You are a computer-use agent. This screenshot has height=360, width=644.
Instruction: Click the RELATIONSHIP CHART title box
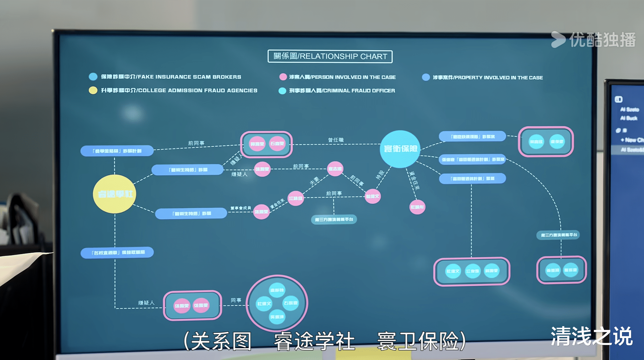tap(330, 56)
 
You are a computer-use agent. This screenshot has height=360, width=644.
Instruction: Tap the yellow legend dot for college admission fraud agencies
tap(93, 90)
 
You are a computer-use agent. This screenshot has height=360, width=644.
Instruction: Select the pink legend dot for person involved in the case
tap(283, 77)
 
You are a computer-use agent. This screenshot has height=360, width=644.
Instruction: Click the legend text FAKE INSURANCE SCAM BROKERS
tap(171, 77)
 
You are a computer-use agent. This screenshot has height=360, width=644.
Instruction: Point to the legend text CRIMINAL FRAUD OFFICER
tap(342, 91)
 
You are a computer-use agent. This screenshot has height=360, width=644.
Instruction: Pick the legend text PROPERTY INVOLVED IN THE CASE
tap(488, 77)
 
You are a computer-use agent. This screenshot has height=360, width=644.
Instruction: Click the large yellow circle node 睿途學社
tap(115, 194)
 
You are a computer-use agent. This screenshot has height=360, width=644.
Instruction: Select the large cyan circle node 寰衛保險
tap(400, 149)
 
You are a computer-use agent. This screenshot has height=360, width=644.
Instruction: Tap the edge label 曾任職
tap(336, 140)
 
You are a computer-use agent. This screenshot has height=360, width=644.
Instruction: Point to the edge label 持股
tap(380, 175)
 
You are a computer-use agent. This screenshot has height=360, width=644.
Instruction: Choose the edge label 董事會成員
tap(240, 208)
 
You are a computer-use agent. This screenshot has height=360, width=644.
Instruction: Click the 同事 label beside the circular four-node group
tap(236, 300)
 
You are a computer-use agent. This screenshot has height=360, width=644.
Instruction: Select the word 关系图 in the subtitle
tap(221, 341)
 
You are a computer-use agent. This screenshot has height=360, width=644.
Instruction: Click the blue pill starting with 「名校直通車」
tap(117, 252)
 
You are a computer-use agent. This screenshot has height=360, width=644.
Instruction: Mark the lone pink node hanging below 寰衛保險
tap(417, 207)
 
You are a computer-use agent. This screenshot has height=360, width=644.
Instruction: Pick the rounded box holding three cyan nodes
tap(472, 271)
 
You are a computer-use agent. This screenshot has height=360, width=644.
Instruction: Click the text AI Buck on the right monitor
tap(629, 118)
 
